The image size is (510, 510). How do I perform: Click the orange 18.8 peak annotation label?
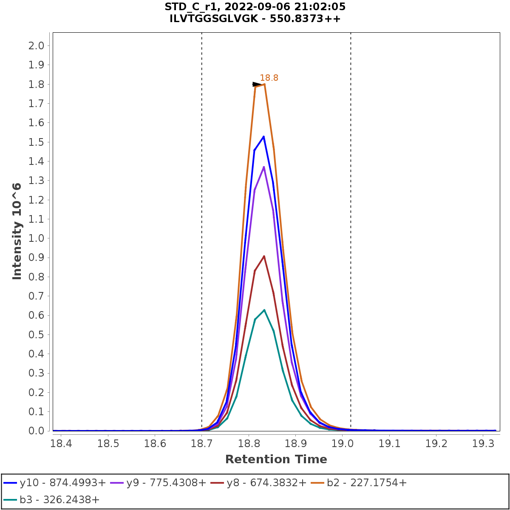pyautogui.click(x=269, y=78)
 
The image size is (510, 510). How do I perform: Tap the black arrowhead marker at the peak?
pyautogui.click(x=256, y=84)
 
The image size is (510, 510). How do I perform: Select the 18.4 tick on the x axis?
pyautogui.click(x=61, y=444)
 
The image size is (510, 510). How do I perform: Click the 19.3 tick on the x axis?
pyautogui.click(x=484, y=444)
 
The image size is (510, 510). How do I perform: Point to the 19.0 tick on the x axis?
pyautogui.click(x=343, y=444)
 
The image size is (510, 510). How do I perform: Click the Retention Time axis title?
pyautogui.click(x=276, y=459)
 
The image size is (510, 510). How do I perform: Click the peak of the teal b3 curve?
pyautogui.click(x=264, y=310)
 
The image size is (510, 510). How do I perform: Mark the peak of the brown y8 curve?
pyautogui.click(x=264, y=256)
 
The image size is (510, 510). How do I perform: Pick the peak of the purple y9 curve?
pyautogui.click(x=264, y=167)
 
